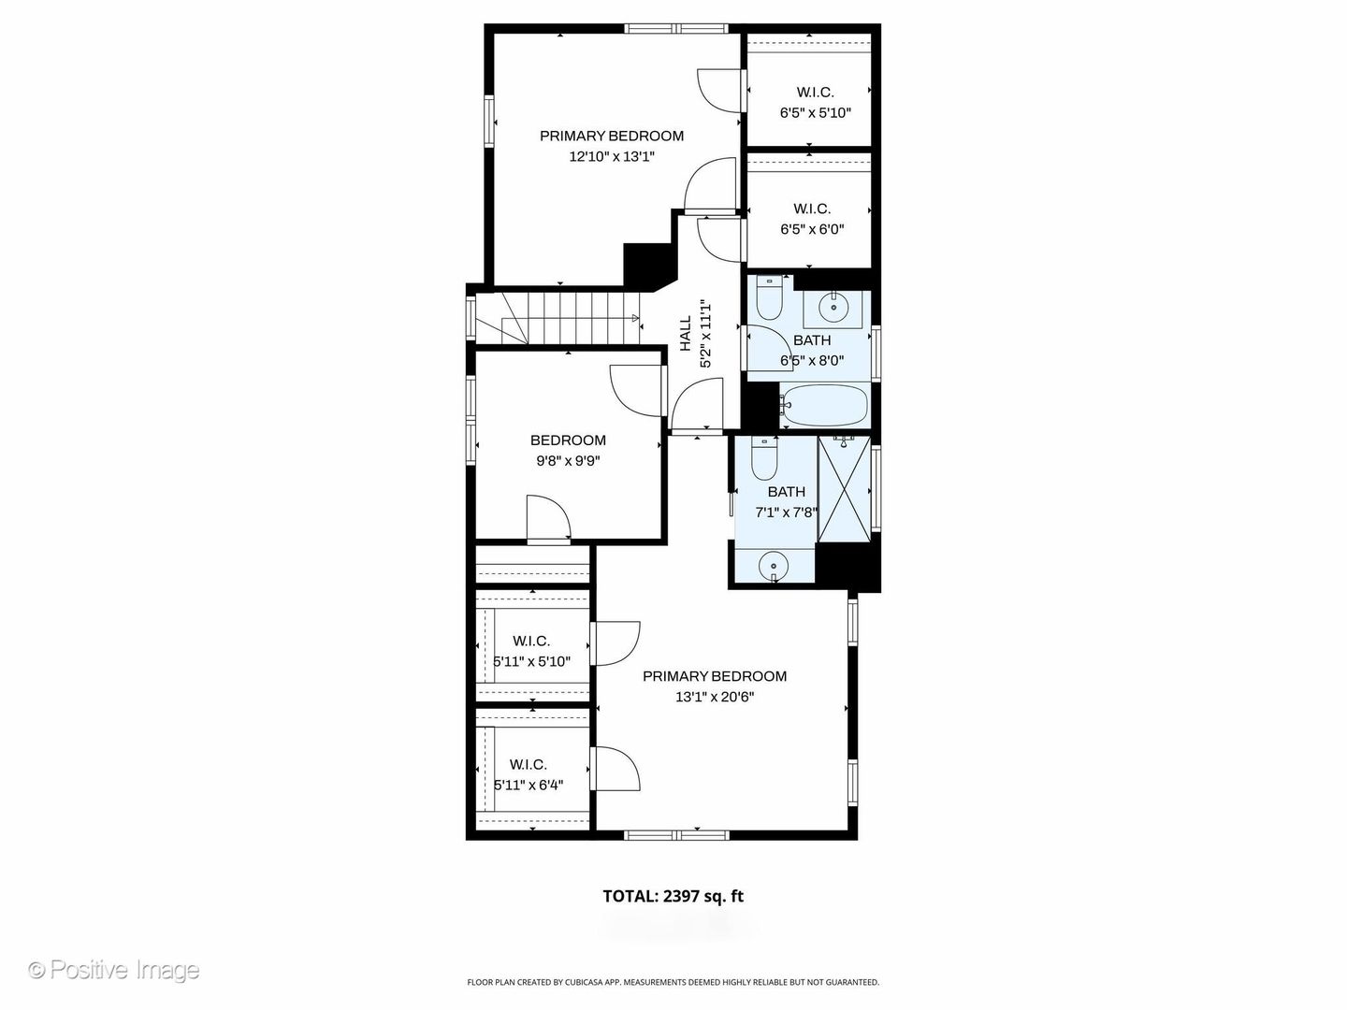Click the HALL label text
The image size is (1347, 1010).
pos(686,333)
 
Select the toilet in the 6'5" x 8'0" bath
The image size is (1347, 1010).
pos(768,298)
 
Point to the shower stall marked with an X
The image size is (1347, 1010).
pos(845,489)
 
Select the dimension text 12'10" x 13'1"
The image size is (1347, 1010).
pos(612,156)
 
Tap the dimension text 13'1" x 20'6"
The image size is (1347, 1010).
pos(715,697)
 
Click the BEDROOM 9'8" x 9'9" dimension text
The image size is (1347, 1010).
pos(568,460)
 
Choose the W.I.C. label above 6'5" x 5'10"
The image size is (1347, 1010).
pos(815,93)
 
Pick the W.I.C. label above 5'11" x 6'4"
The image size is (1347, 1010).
pos(528,765)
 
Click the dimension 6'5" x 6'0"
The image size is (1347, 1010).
pos(812,229)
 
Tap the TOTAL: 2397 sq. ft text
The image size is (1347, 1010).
pos(673,897)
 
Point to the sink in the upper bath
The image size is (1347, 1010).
pos(833,307)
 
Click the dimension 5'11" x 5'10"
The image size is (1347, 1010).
pos(532,662)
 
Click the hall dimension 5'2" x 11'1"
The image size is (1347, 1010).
pos(705,334)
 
